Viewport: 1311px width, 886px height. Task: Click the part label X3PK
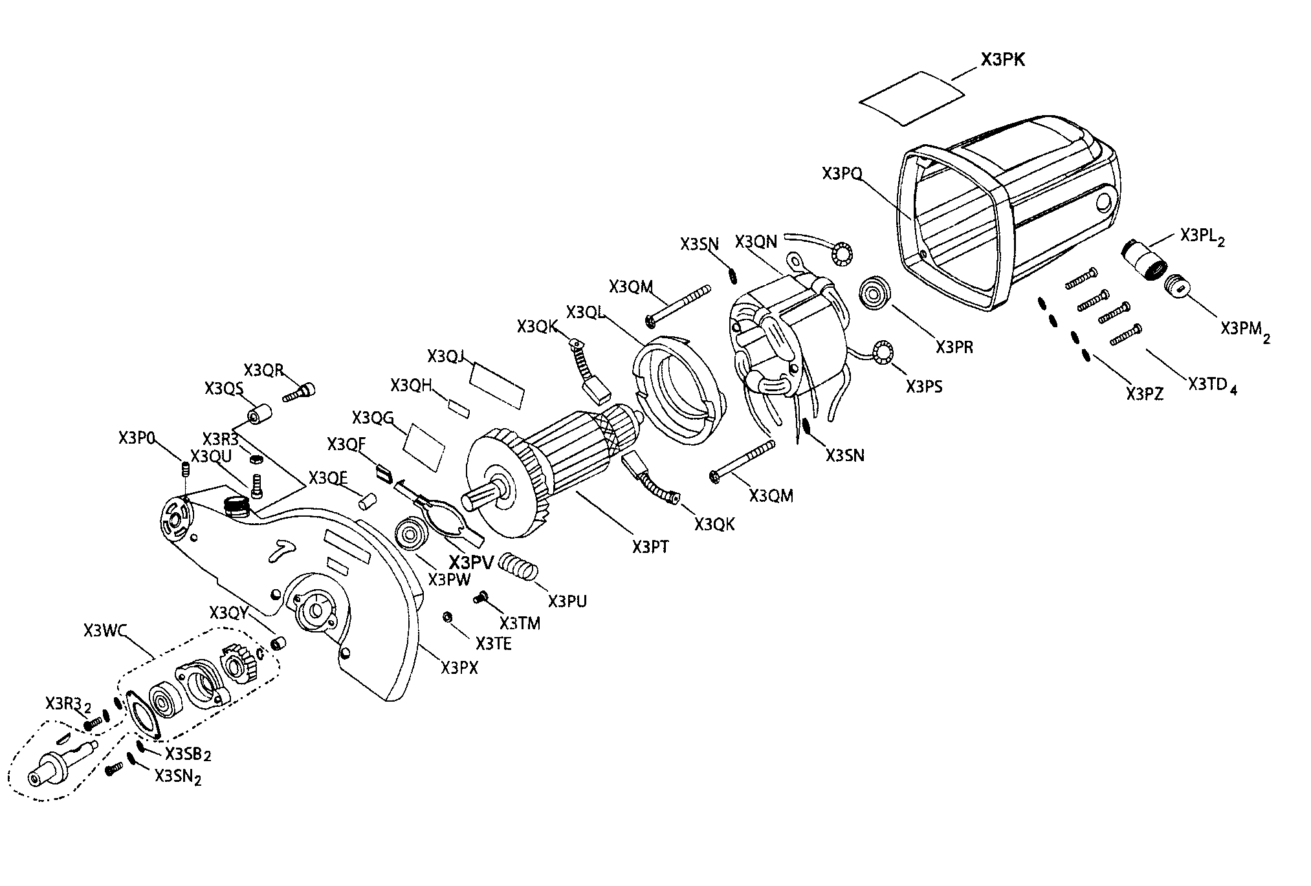tap(1002, 59)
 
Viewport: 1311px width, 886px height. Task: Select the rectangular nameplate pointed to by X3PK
tap(911, 98)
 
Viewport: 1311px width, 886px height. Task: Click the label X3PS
tap(923, 387)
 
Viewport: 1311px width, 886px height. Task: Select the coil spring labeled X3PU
tap(521, 566)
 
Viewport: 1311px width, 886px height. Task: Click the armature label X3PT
tap(650, 547)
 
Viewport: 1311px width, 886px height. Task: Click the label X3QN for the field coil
tap(756, 242)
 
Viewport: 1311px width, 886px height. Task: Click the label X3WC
tap(104, 630)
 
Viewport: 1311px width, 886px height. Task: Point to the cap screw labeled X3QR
tap(302, 391)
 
